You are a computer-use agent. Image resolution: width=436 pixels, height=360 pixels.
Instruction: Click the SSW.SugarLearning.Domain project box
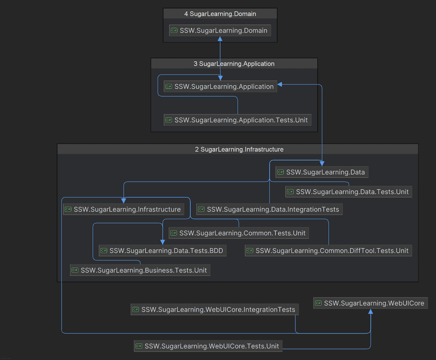point(220,30)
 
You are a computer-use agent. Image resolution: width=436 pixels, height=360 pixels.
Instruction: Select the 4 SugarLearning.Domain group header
point(220,14)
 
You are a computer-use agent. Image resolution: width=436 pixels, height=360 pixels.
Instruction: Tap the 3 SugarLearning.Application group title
point(234,63)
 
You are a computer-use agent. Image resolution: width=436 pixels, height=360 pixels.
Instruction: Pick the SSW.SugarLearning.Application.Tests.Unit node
point(237,120)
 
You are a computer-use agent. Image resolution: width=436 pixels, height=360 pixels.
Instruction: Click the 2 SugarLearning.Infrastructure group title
point(238,149)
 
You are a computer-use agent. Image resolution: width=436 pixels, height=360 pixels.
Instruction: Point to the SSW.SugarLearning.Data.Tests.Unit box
point(348,192)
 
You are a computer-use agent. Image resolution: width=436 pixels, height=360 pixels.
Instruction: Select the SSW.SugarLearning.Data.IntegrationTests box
point(269,209)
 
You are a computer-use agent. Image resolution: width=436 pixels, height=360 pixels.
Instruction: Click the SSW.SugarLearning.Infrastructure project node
point(123,209)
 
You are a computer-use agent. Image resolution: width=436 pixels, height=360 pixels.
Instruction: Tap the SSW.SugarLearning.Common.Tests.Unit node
point(238,233)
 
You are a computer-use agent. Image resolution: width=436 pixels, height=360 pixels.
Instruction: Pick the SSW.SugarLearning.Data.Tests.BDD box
point(162,251)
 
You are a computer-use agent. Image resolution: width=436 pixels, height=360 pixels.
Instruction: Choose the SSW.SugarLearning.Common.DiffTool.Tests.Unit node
point(328,251)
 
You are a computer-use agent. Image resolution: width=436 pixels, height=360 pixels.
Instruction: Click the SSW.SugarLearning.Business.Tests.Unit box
point(140,270)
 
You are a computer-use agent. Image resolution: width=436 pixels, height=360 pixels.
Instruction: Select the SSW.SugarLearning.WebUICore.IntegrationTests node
point(214,310)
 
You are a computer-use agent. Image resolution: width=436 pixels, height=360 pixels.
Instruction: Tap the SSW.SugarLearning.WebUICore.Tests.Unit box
point(208,346)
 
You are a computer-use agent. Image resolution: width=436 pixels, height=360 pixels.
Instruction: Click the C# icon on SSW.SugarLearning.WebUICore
point(318,303)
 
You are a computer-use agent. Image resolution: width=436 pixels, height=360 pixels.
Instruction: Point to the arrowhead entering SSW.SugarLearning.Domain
point(220,39)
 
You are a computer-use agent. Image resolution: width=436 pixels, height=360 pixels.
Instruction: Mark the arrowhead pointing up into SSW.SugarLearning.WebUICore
point(371,311)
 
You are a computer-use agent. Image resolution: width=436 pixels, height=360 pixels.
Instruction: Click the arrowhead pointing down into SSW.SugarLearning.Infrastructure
point(123,201)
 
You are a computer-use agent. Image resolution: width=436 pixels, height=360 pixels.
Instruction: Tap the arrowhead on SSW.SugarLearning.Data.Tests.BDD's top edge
point(163,242)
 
